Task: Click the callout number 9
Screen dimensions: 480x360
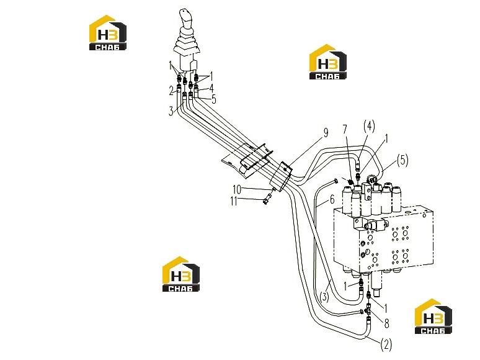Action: pos(326,132)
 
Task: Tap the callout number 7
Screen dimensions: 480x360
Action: pos(345,129)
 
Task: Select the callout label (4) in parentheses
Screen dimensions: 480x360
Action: pos(369,126)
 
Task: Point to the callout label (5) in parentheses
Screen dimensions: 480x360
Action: pos(402,160)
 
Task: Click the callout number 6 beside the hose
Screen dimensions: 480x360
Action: pos(332,200)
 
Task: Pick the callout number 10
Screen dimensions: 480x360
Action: pos(238,189)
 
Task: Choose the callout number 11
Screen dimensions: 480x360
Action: pos(234,201)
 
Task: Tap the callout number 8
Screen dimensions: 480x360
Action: pos(386,323)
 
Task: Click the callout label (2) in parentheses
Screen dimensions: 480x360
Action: pos(386,344)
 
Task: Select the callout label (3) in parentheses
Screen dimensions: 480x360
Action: pos(324,297)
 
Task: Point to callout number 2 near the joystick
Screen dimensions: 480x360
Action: pos(171,91)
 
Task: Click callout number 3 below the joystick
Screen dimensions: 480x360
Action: pos(171,111)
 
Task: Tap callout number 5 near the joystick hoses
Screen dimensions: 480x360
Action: pos(214,99)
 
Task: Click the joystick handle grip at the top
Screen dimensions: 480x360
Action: pos(185,19)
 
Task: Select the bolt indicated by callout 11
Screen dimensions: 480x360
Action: pos(268,197)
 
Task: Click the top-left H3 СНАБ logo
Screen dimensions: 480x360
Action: pos(108,33)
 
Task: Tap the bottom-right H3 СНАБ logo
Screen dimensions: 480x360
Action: pos(433,317)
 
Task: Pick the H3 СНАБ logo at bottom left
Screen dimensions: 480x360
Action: pos(181,274)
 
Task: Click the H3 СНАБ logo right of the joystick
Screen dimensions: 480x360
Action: pos(328,62)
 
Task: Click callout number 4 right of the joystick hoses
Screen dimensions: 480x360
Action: pos(211,88)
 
